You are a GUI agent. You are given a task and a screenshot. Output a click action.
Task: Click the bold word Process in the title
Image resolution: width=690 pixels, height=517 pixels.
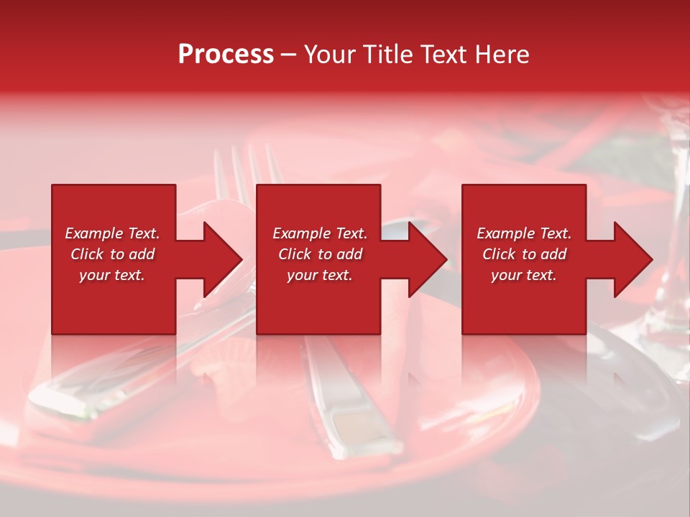tap(226, 55)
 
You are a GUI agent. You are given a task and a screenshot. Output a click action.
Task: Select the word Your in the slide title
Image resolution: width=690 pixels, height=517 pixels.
tap(328, 55)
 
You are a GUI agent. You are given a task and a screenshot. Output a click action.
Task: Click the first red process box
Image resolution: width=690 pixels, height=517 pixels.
tap(114, 302)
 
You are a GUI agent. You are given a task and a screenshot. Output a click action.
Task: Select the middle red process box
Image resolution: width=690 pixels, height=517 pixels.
tap(318, 302)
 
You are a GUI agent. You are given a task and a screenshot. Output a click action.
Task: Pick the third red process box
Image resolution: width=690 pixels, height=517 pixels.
tap(523, 302)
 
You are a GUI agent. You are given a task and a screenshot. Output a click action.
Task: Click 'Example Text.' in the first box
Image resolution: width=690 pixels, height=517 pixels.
tap(112, 233)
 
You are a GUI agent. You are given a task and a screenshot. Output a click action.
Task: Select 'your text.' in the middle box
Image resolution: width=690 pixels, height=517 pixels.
tap(319, 275)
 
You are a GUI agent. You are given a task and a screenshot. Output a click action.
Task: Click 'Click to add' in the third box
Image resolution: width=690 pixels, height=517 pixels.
tap(524, 254)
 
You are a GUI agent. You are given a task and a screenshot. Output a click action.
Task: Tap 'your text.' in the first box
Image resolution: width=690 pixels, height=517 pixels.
tap(112, 275)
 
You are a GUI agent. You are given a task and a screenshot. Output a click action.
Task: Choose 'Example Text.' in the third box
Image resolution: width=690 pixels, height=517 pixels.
tap(524, 233)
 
